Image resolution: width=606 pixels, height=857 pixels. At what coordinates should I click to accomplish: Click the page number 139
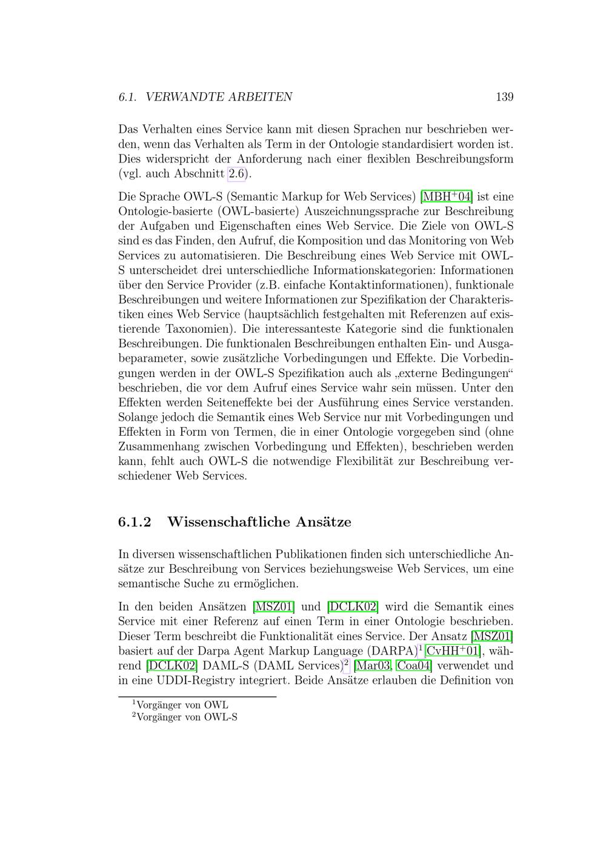pos(504,97)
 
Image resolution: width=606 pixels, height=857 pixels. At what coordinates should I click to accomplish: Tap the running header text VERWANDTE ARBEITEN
pos(219,97)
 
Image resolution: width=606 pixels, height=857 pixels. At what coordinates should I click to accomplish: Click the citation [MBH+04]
pos(446,197)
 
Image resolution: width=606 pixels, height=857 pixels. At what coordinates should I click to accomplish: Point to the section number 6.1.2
pos(135,522)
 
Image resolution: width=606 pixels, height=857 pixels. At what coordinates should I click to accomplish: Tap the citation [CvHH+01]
pos(453,651)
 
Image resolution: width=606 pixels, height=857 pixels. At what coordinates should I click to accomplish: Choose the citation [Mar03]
pos(372,665)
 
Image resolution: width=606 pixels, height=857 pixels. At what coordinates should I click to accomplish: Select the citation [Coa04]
pos(414,665)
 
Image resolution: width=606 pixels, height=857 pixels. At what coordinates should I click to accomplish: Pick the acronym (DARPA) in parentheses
pos(392,651)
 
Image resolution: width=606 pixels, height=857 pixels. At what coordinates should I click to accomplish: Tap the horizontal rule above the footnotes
pos(197,697)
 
